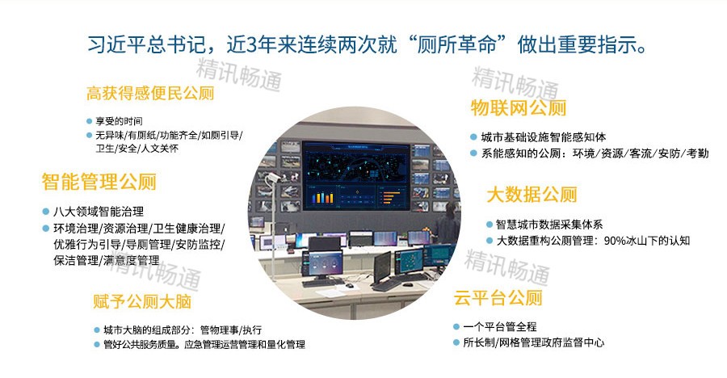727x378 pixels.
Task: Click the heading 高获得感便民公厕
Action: [x=150, y=94]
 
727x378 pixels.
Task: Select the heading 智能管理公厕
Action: [x=99, y=181]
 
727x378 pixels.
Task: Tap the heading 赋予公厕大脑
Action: [x=141, y=303]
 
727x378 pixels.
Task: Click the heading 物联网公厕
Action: [x=519, y=108]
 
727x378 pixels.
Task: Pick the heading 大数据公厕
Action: [x=532, y=195]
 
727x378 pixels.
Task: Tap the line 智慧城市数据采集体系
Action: [x=549, y=225]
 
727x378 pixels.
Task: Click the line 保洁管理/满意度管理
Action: [x=107, y=260]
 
